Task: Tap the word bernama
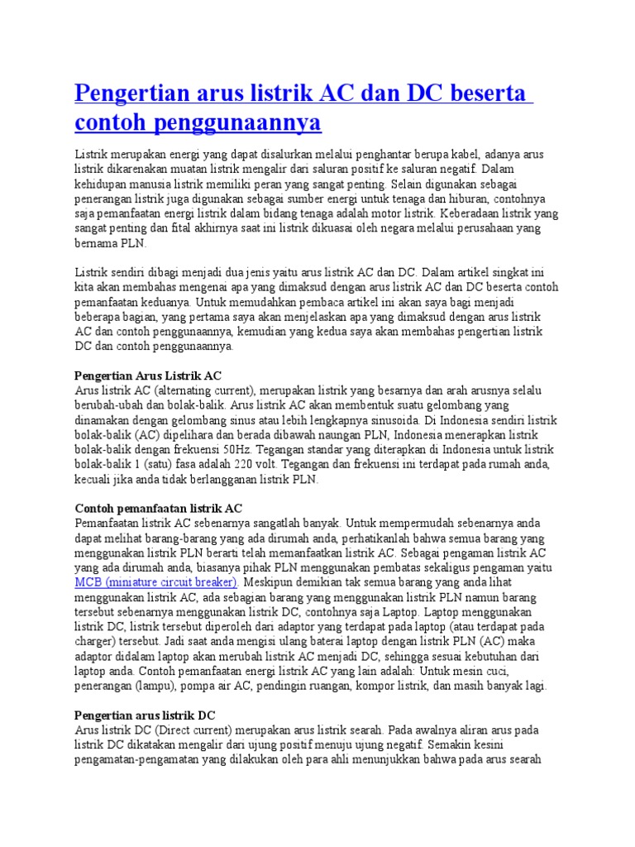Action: (97, 243)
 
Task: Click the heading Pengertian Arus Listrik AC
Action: (148, 375)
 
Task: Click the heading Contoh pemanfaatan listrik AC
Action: (158, 508)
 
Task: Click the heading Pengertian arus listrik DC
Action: (145, 715)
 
